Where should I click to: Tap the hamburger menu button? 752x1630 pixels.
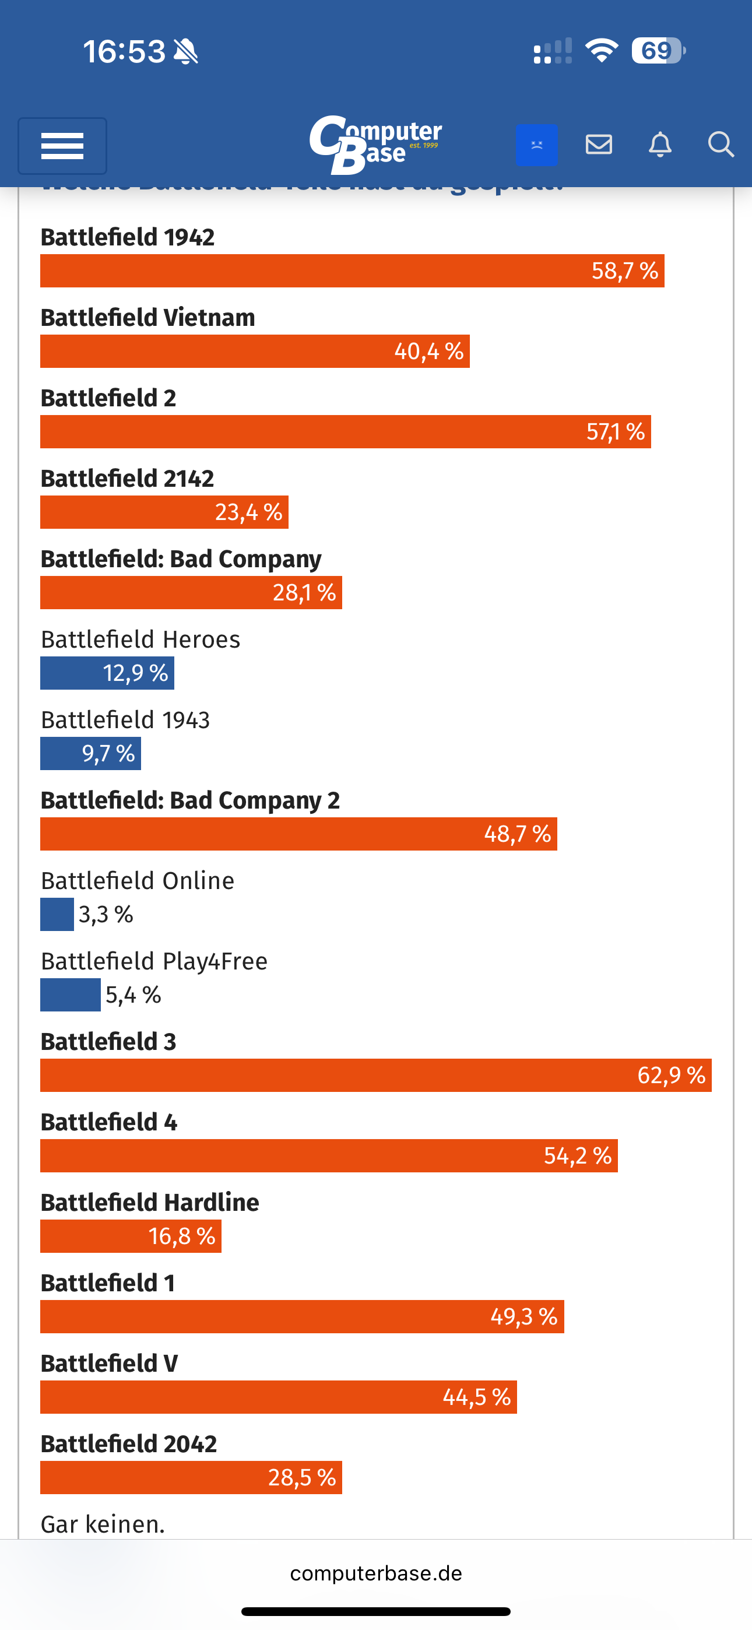(62, 146)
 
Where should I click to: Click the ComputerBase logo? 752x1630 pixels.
(375, 145)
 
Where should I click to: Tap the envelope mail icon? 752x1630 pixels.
(598, 145)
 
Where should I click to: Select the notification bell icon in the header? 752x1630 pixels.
(659, 145)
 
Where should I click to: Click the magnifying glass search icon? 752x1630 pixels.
(721, 145)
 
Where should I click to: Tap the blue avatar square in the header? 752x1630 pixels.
(536, 145)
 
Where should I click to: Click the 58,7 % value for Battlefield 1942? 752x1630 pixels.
(624, 271)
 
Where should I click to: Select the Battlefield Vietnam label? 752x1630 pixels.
(147, 318)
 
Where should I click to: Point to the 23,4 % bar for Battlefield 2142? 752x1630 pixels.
(164, 512)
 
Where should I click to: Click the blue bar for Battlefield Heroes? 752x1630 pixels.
(107, 673)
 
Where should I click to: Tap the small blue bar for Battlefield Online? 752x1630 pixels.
(57, 914)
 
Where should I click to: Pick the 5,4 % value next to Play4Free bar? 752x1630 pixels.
(133, 995)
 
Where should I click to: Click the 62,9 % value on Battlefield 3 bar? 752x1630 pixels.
(671, 1075)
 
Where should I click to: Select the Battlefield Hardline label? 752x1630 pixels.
(149, 1202)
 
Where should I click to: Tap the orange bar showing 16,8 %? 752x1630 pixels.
(131, 1236)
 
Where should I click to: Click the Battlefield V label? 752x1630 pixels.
(109, 1363)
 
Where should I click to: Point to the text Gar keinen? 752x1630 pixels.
(103, 1524)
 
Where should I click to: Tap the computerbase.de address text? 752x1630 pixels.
(376, 1573)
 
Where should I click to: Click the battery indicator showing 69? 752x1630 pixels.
(658, 51)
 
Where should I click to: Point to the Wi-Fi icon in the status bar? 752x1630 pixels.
(602, 51)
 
